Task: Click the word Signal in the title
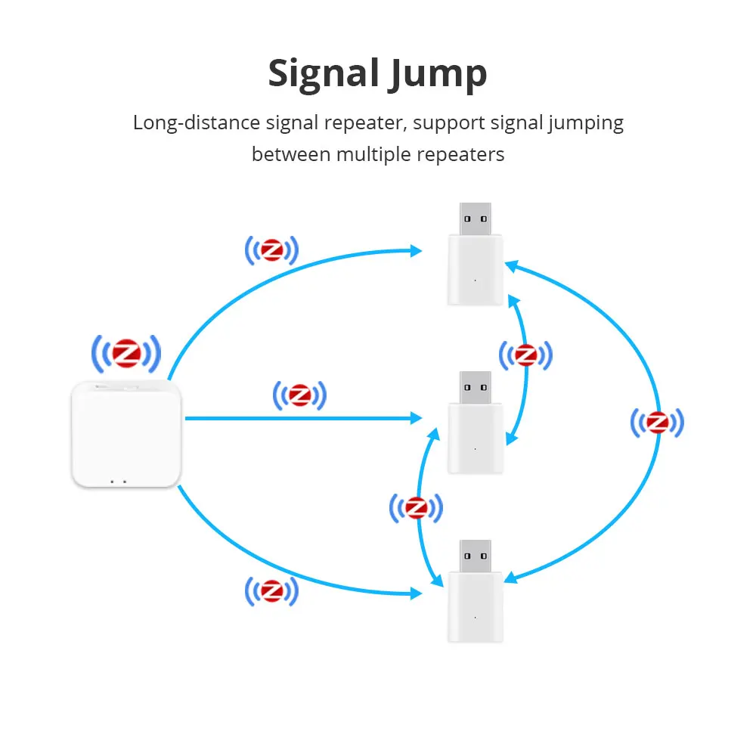coord(323,74)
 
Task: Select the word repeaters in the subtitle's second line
coord(460,155)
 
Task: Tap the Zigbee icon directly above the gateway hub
coord(126,352)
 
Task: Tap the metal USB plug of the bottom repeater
coord(475,556)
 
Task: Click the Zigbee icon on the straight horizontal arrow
coord(299,395)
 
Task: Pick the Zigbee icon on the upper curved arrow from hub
coord(271,250)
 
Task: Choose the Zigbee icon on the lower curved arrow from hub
coord(271,590)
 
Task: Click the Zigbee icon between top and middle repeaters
coord(525,354)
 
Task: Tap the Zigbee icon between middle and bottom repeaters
coord(415,508)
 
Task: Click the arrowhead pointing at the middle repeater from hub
coord(416,417)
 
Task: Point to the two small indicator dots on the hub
coord(116,480)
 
